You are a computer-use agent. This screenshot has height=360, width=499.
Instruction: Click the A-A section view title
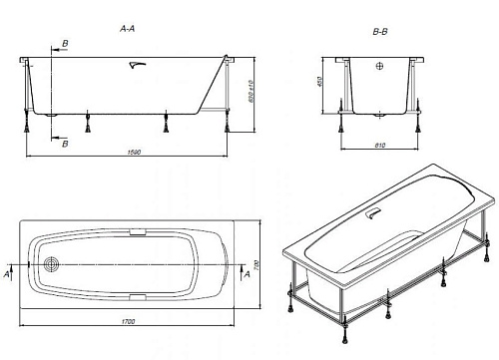pyautogui.click(x=128, y=29)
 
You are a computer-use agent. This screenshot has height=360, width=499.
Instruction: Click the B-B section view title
pyautogui.click(x=380, y=32)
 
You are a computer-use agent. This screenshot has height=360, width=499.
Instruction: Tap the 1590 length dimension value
pyautogui.click(x=135, y=152)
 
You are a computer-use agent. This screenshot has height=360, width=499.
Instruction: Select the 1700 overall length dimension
pyautogui.click(x=129, y=321)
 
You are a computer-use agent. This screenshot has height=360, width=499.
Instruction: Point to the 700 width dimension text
pyautogui.click(x=256, y=265)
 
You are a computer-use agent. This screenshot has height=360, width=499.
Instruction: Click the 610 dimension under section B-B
pyautogui.click(x=379, y=146)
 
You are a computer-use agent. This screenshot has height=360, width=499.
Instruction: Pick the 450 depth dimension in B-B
pyautogui.click(x=319, y=82)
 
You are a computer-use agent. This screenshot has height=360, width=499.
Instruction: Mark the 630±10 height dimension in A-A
pyautogui.click(x=250, y=91)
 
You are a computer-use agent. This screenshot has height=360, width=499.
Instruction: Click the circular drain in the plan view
pyautogui.click(x=52, y=264)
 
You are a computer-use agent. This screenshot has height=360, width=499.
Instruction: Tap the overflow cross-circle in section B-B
pyautogui.click(x=379, y=66)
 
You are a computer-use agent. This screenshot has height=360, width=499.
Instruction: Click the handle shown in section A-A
pyautogui.click(x=138, y=65)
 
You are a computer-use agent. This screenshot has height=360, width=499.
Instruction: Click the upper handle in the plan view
pyautogui.click(x=138, y=232)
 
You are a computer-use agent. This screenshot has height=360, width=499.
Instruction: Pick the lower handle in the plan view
pyautogui.click(x=138, y=297)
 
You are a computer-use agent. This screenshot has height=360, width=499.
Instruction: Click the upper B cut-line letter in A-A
pyautogui.click(x=66, y=44)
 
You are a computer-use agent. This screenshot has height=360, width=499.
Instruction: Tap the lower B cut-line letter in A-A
pyautogui.click(x=66, y=144)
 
